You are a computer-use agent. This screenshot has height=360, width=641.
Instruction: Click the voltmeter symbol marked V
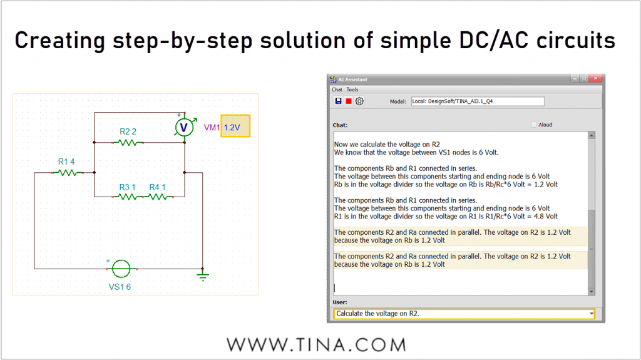pos(184,128)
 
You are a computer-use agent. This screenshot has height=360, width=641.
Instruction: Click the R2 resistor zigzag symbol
pos(128,142)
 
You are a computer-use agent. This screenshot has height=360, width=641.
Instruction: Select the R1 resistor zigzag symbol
pos(68,173)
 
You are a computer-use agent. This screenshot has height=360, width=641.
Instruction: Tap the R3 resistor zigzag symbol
pos(128,197)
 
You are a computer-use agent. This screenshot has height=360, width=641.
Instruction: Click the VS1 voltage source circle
pos(121,269)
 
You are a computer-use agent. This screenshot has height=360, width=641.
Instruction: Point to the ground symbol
pos(203,275)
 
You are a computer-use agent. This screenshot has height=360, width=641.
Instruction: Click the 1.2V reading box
pos(235,126)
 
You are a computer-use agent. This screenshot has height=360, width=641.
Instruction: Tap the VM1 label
pos(212,127)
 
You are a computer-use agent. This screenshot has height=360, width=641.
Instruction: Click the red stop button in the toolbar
pos(349,101)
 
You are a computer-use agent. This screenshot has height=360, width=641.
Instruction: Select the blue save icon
pos(338,101)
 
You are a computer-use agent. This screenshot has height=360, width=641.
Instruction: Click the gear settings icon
pos(359,101)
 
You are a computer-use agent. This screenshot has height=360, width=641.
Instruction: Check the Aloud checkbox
pos(534,125)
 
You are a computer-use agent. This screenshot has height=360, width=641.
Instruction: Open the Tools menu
pos(352,90)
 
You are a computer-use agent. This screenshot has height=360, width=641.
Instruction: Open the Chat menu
pos(337,90)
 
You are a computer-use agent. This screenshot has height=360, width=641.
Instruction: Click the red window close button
pos(596,78)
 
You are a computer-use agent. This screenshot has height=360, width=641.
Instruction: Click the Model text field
pos(478,101)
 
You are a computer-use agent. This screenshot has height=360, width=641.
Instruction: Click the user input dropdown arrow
pos(591,314)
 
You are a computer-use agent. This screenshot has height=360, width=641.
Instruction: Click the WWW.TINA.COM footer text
pos(316,345)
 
